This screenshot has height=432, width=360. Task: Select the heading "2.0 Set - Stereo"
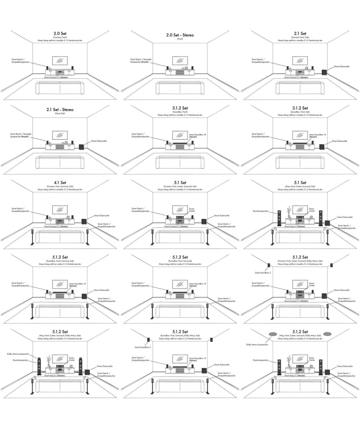[180, 35]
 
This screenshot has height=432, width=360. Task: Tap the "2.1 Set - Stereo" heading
[60, 109]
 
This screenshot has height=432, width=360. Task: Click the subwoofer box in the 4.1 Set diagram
[84, 222]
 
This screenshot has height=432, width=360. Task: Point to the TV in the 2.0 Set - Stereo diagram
[180, 60]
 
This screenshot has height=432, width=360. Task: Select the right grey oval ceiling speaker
[327, 334]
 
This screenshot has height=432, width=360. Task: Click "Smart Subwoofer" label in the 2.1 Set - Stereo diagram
[99, 141]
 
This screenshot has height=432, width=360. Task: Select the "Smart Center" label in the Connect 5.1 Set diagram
[192, 210]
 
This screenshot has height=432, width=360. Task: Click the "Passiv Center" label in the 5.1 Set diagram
[311, 210]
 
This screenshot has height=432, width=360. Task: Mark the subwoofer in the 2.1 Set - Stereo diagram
[82, 147]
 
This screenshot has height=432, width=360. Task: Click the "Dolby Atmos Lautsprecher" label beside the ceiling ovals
[257, 345]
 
